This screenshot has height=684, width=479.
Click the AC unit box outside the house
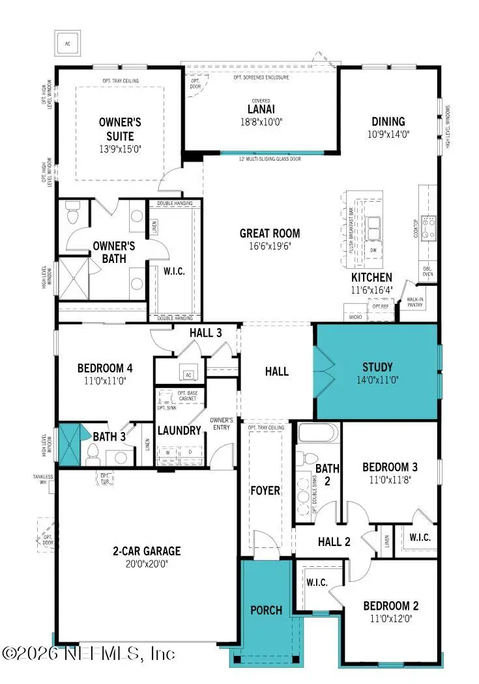(x=66, y=44)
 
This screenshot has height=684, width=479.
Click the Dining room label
(x=388, y=121)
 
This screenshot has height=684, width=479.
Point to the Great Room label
(x=270, y=233)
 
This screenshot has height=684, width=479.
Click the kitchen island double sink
(x=374, y=228)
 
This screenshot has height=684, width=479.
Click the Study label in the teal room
(x=378, y=367)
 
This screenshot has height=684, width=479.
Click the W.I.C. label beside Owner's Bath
(x=174, y=271)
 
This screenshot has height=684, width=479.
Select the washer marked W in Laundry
(x=169, y=452)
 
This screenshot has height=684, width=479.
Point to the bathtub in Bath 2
(x=318, y=433)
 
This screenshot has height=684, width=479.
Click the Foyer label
(x=265, y=490)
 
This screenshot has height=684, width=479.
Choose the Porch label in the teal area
(x=267, y=610)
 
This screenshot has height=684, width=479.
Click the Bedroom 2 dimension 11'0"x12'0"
(x=391, y=619)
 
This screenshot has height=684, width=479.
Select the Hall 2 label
(x=334, y=541)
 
